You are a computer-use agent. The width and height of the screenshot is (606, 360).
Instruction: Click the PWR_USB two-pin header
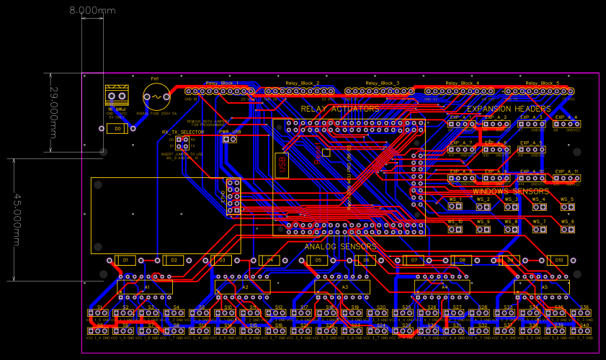pos(229,140)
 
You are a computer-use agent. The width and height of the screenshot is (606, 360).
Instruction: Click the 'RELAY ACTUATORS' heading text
pos(339,109)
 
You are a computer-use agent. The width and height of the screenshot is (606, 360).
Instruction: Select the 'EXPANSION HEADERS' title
pos(509,109)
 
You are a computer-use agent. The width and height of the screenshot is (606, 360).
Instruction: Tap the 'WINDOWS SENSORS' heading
pos(510,192)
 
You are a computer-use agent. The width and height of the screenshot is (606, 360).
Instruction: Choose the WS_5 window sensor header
pos(567,207)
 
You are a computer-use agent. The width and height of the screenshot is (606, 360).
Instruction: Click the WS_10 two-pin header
pos(455,230)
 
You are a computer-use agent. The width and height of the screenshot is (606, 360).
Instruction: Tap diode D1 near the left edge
pos(125,260)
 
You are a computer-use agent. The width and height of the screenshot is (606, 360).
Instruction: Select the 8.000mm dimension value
pos(92,11)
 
